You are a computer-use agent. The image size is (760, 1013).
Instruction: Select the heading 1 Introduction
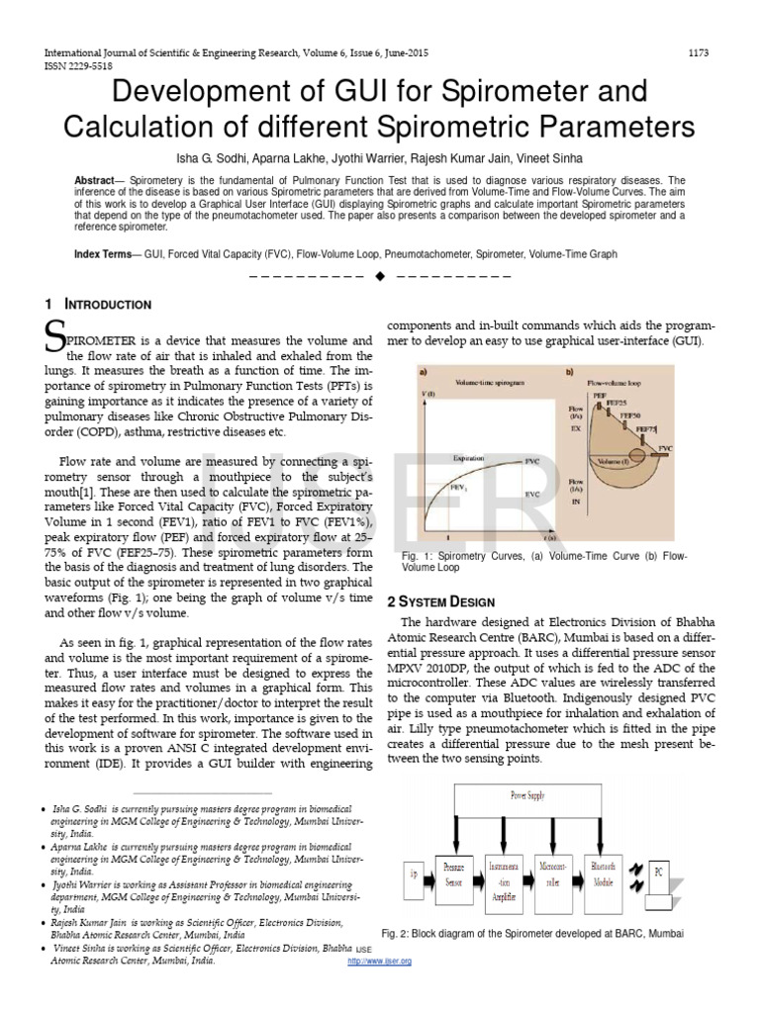(x=98, y=305)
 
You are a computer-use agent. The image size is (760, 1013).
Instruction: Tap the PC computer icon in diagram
(x=657, y=875)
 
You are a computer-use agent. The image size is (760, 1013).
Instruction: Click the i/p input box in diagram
(x=413, y=874)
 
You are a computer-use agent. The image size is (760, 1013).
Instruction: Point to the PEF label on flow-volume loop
(x=600, y=394)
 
